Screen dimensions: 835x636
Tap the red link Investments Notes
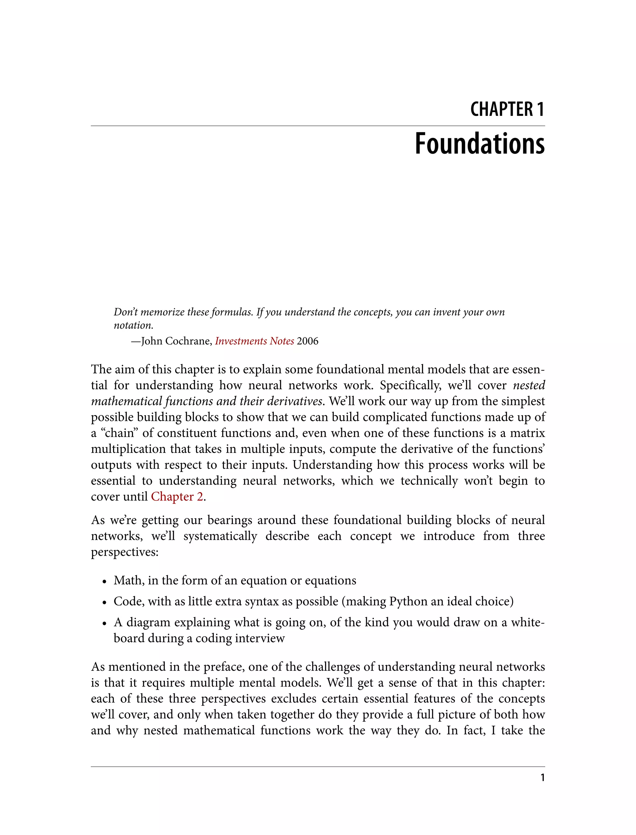pyautogui.click(x=254, y=341)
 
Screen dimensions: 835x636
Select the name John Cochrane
pyautogui.click(x=176, y=341)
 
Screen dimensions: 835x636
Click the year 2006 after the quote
pyautogui.click(x=307, y=341)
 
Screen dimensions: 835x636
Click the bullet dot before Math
pyautogui.click(x=104, y=581)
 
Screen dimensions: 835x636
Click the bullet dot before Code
pyautogui.click(x=104, y=602)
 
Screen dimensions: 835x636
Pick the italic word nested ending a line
pyautogui.click(x=529, y=385)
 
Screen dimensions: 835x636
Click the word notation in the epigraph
pyautogui.click(x=133, y=325)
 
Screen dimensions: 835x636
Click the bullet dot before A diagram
pyautogui.click(x=104, y=623)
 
